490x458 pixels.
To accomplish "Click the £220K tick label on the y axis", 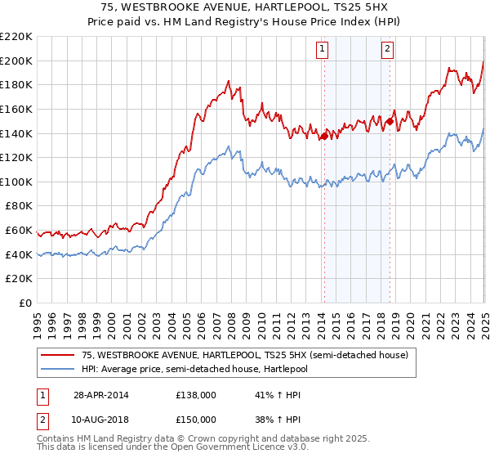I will (x=16, y=37).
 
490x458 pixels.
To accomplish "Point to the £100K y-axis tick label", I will (x=16, y=182).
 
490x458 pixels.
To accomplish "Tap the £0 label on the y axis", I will (x=26, y=303).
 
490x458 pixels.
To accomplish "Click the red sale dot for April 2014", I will (x=324, y=136).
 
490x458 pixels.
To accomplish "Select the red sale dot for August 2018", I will (x=390, y=122).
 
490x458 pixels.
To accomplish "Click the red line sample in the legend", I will (x=57, y=355).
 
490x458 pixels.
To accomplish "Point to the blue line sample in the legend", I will (x=57, y=368).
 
